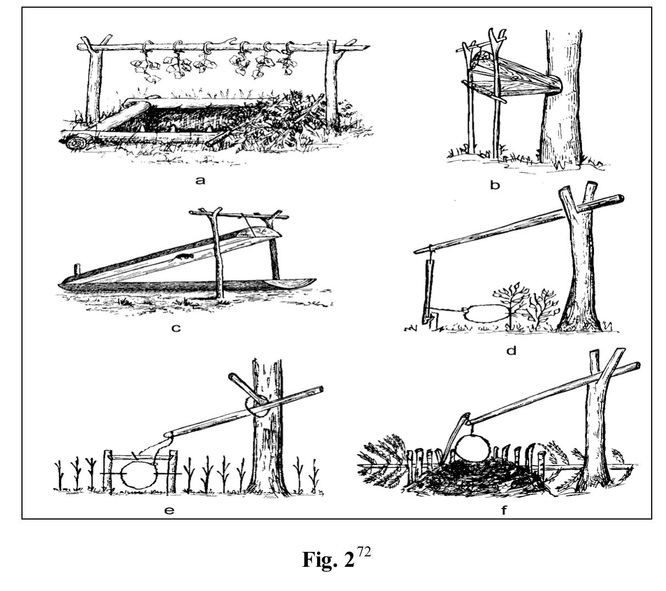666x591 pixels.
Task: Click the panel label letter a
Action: pyautogui.click(x=200, y=180)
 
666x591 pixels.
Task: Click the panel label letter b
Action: pyautogui.click(x=495, y=185)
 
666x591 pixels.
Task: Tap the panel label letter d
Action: pyautogui.click(x=511, y=350)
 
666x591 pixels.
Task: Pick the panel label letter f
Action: pyautogui.click(x=503, y=510)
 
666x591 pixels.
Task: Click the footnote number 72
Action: pyautogui.click(x=364, y=551)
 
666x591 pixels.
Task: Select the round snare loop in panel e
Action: pyautogui.click(x=138, y=474)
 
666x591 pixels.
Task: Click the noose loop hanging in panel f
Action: pyautogui.click(x=472, y=448)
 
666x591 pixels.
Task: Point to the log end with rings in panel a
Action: pyautogui.click(x=77, y=142)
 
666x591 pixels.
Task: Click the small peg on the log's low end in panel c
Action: pyautogui.click(x=77, y=270)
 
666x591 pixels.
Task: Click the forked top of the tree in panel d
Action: pyautogui.click(x=578, y=197)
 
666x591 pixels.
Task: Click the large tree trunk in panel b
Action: pyautogui.click(x=562, y=98)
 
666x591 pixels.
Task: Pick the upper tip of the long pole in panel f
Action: pyautogui.click(x=638, y=366)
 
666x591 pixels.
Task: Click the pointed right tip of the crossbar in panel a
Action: pyautogui.click(x=369, y=47)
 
